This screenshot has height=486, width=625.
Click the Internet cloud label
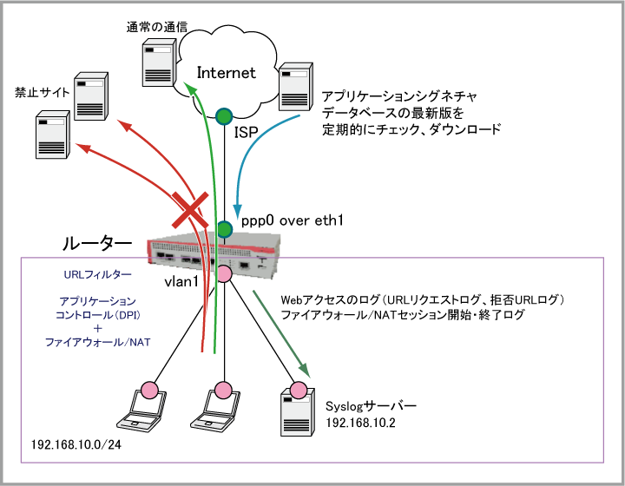(227, 73)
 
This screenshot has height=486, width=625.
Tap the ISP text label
(247, 132)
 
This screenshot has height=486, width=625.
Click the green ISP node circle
(224, 115)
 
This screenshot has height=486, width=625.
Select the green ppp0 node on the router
(224, 229)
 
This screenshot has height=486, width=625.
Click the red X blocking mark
(193, 211)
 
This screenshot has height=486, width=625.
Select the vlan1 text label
(183, 283)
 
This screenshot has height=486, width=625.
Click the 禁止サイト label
(39, 90)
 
